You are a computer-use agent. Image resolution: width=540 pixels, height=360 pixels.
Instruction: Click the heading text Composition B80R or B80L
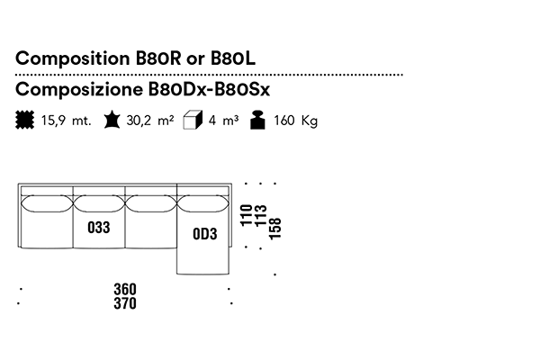(136, 58)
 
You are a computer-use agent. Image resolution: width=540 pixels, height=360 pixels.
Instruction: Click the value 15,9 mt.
(65, 121)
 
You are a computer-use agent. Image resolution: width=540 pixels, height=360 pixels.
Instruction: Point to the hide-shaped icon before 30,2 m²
(112, 120)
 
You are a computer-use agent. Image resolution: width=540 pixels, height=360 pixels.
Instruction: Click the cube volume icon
(190, 120)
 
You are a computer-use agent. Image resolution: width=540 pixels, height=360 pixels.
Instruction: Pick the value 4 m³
(223, 121)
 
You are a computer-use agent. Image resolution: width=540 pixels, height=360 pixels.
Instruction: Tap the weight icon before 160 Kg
(258, 120)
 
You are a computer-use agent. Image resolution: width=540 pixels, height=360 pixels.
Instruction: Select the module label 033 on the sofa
(99, 228)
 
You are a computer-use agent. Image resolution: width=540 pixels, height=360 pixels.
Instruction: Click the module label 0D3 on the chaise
(205, 234)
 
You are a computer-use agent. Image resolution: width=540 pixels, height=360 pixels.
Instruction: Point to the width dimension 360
(125, 289)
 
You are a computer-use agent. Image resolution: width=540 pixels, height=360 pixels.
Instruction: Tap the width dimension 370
(125, 303)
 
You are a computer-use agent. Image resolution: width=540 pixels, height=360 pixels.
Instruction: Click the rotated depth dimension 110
(246, 216)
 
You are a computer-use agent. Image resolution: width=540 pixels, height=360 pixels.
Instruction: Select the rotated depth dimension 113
(260, 216)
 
